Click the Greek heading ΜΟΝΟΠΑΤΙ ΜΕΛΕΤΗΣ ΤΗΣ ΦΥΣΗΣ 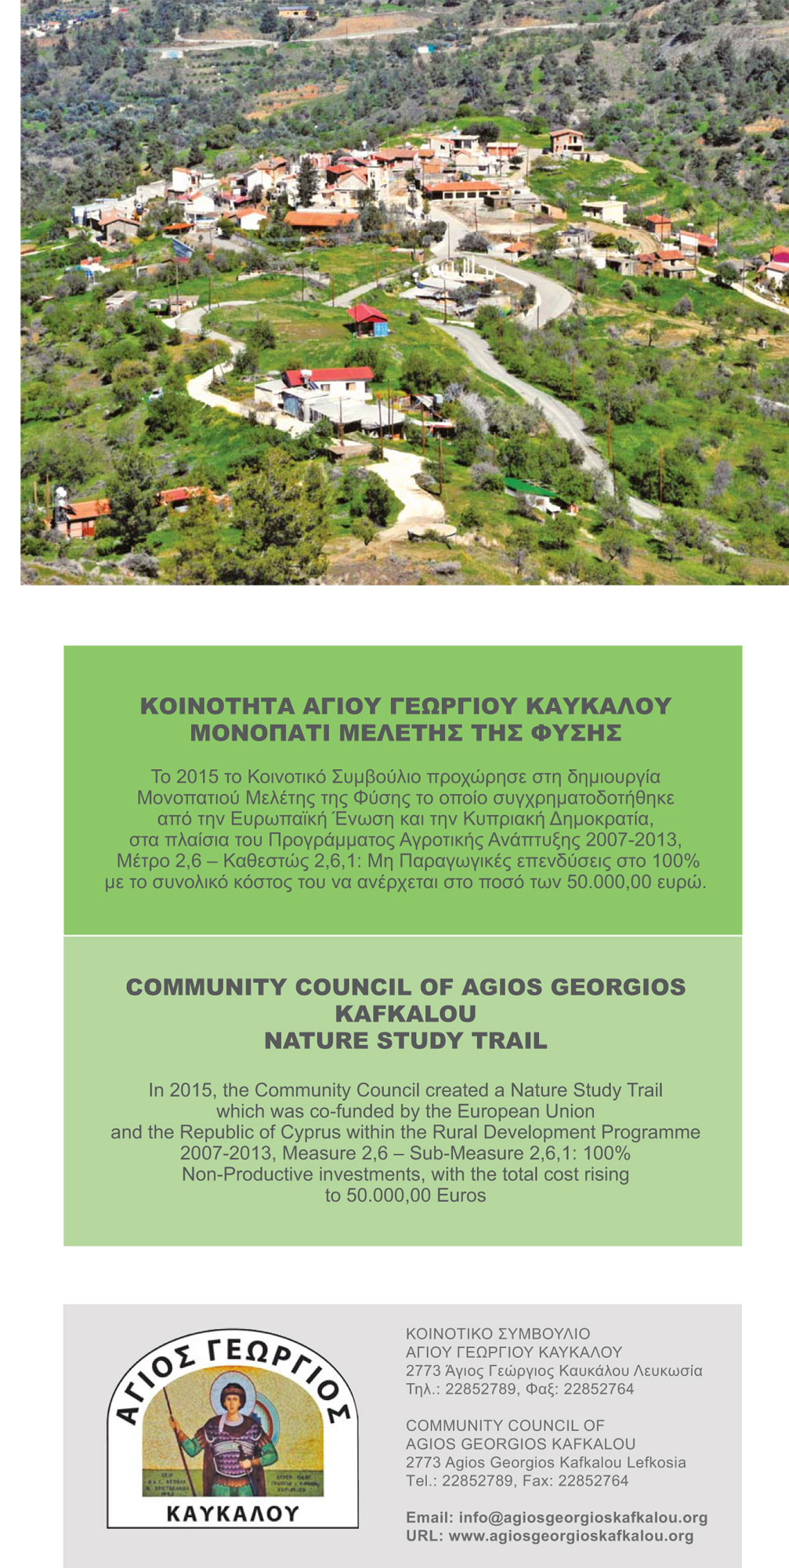pos(406,733)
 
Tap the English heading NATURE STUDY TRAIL pos(406,1040)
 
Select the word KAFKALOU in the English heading pos(406,1014)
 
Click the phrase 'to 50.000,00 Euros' pos(406,1196)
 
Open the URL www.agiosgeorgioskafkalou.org pos(571,1536)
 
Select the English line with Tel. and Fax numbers pos(517,1480)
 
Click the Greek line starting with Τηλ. pos(519,1389)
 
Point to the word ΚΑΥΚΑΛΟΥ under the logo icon pos(233,1513)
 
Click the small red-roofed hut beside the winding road pos(367,318)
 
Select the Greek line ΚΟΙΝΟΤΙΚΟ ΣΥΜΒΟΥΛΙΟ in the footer pos(498,1334)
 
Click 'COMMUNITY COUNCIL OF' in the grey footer pos(505,1425)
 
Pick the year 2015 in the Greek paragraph pos(197,777)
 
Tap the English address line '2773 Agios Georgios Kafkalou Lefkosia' pos(545,1462)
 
